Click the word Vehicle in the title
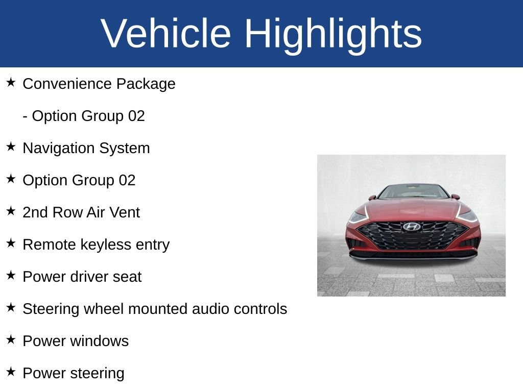pos(165,33)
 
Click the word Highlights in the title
pos(333,35)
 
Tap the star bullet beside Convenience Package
pos(11,82)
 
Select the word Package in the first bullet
pos(146,84)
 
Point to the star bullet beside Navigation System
pos(11,146)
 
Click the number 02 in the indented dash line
pos(136,116)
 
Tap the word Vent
pos(125,212)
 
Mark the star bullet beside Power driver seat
pos(11,275)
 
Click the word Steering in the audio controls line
pos(51,309)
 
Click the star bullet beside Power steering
pos(11,372)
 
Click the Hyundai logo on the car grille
pos(412,227)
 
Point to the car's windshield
pos(413,191)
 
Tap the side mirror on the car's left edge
pos(372,198)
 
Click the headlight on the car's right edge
pos(467,216)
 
